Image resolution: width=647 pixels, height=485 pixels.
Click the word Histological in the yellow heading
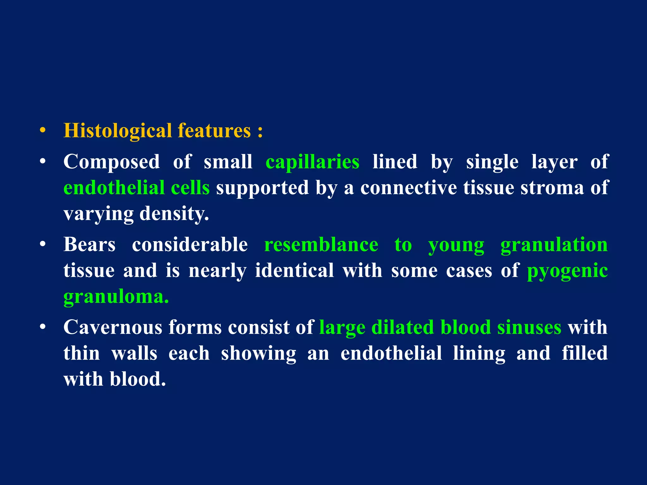click(x=118, y=131)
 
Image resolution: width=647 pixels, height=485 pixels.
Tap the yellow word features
click(x=214, y=131)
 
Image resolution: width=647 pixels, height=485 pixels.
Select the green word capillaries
click(x=312, y=162)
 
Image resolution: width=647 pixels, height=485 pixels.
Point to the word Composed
click(x=112, y=162)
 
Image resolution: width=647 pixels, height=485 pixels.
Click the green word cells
click(x=190, y=188)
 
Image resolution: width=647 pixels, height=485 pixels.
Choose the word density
click(x=174, y=214)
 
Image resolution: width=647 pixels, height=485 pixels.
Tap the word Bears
click(x=89, y=245)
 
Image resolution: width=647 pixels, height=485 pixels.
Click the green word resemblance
click(x=321, y=245)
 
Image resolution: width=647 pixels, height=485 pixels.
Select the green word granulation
click(x=554, y=245)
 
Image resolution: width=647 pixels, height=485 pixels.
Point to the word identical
click(x=294, y=271)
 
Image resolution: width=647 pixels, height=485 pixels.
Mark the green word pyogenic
click(x=567, y=271)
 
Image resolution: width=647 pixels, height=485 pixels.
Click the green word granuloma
click(x=116, y=297)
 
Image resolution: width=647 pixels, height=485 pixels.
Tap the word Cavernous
click(x=113, y=327)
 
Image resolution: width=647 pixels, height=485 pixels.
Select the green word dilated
click(x=402, y=327)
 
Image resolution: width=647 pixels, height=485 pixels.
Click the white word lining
click(x=479, y=353)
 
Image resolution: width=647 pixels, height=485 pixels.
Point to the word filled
click(x=584, y=353)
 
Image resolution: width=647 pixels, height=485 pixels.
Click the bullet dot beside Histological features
click(x=43, y=131)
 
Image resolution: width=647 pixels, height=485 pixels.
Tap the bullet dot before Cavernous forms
click(x=43, y=327)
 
